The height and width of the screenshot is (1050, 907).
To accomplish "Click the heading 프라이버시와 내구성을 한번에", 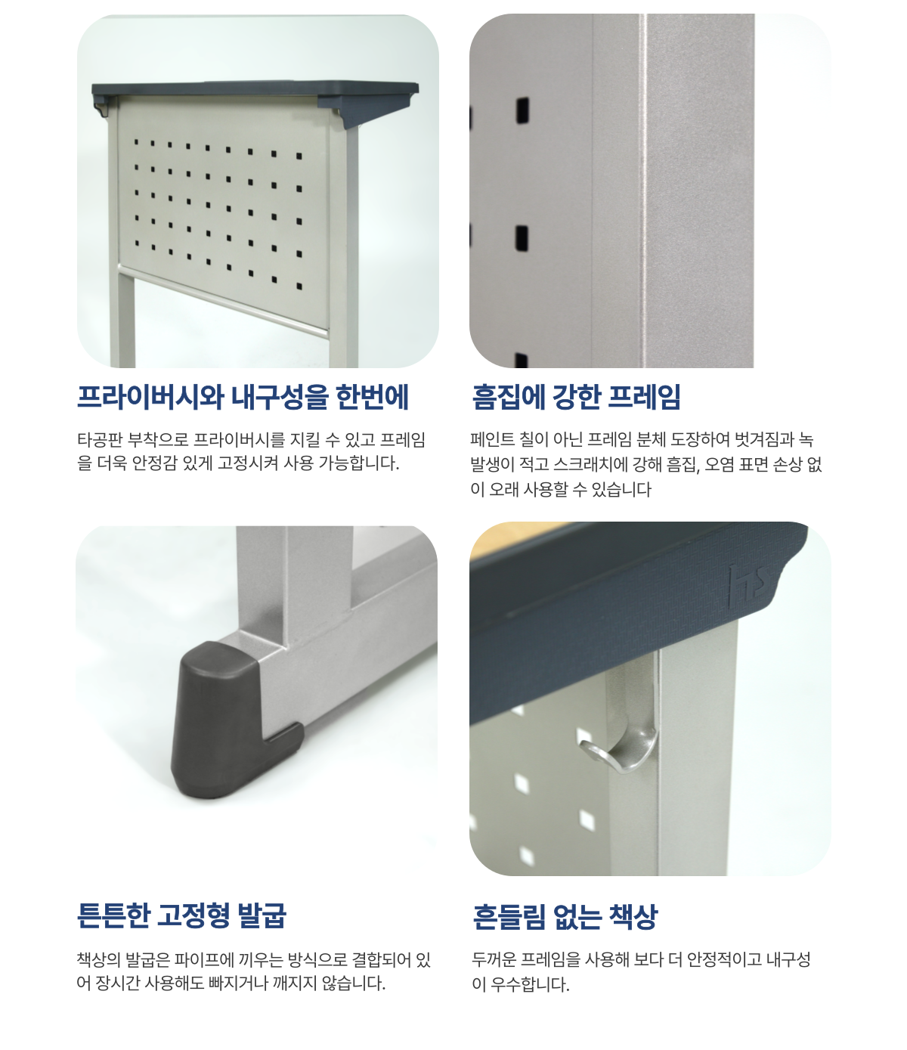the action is [x=243, y=396].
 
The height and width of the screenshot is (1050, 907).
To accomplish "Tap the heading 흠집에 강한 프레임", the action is [x=576, y=396].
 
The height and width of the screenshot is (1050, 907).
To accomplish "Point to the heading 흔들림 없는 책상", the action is [x=565, y=916].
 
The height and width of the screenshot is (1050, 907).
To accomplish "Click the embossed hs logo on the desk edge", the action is [x=748, y=586].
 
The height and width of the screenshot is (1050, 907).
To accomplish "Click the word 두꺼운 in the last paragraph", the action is [x=494, y=959].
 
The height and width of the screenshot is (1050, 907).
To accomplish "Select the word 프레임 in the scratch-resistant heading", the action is [x=644, y=396].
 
